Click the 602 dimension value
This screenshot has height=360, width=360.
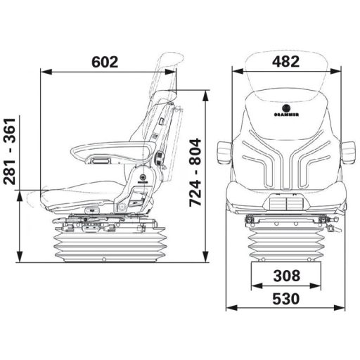[105, 62]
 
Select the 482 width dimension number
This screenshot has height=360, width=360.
[286, 61]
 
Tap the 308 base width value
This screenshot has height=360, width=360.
[287, 276]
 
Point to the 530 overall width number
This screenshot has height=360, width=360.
[286, 299]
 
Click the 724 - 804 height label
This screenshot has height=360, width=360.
[195, 173]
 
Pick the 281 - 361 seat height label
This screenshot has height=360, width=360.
[10, 151]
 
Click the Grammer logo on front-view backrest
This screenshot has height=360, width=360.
[286, 110]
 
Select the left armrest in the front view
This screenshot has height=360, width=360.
[225, 153]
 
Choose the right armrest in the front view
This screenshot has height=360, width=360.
[347, 153]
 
